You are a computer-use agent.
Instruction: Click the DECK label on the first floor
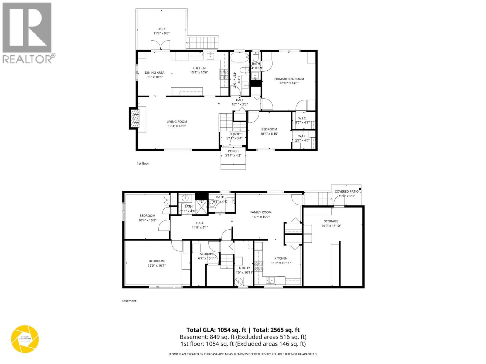pyautogui.click(x=161, y=29)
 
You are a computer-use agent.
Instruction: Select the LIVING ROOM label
pyautogui.click(x=176, y=122)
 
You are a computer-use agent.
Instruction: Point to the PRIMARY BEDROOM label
pyautogui.click(x=289, y=79)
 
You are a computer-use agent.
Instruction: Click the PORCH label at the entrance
pyautogui.click(x=233, y=151)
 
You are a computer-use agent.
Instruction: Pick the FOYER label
pyautogui.click(x=234, y=134)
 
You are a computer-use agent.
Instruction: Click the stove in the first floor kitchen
pyautogui.click(x=224, y=74)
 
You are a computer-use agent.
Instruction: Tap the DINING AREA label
pyautogui.click(x=154, y=72)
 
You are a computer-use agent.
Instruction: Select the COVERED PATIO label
pyautogui.click(x=346, y=191)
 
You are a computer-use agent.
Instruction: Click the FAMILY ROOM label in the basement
pyautogui.click(x=261, y=212)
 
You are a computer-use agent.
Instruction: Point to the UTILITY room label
pyautogui.click(x=244, y=268)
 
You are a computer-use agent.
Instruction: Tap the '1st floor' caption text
pyautogui.click(x=143, y=163)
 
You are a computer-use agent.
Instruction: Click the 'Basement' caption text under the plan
pyautogui.click(x=129, y=301)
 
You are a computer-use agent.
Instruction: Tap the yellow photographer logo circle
pyautogui.click(x=25, y=339)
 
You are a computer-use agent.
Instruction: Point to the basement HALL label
pyautogui.click(x=200, y=223)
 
